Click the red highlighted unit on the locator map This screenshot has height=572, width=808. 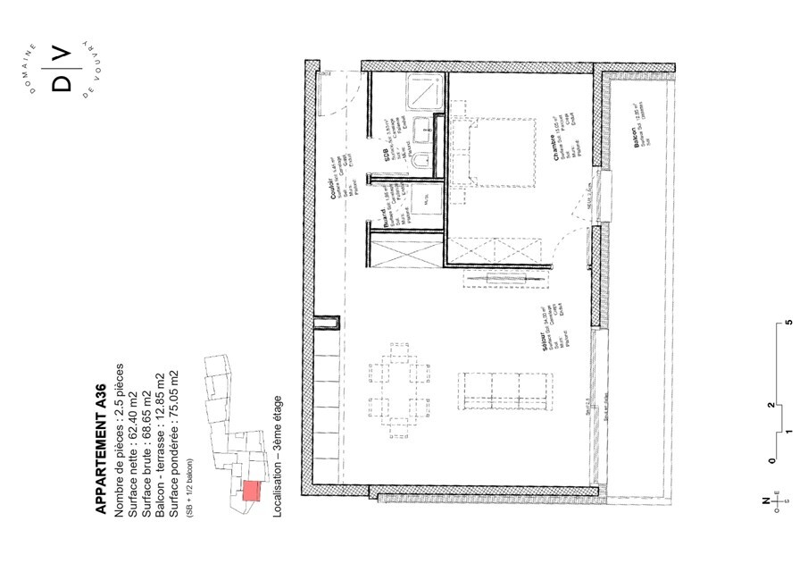pyautogui.click(x=251, y=491)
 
